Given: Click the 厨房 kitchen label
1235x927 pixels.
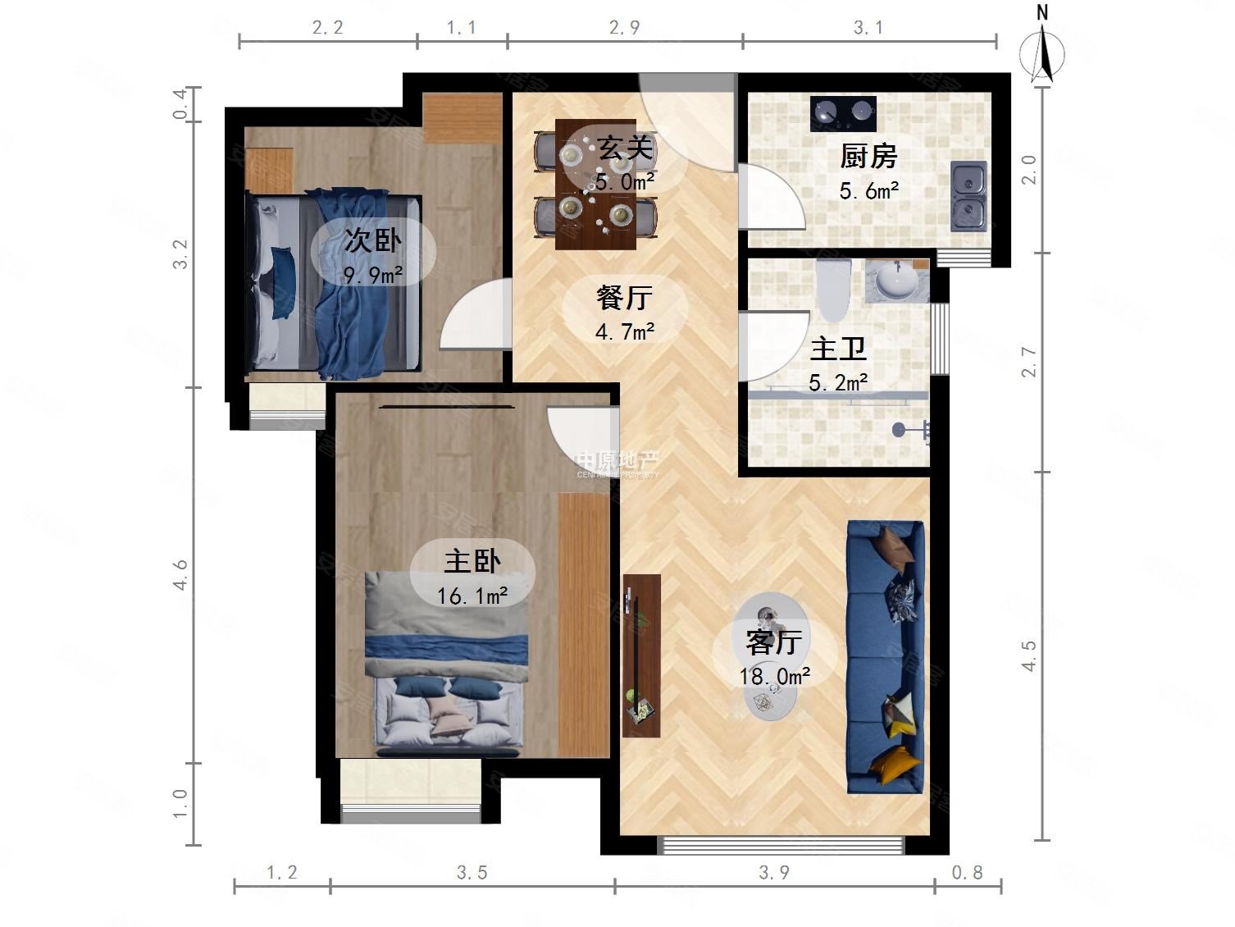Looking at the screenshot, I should tap(868, 156).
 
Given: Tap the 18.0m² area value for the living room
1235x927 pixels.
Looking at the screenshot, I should tap(774, 676).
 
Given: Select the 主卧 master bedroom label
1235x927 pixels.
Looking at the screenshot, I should tap(472, 561).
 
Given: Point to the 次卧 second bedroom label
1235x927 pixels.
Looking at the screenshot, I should tap(372, 240).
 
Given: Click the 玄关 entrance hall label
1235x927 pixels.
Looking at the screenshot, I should tap(625, 148).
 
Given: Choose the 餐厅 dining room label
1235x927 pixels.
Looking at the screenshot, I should tap(624, 297).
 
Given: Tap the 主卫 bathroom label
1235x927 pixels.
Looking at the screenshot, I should tap(837, 349).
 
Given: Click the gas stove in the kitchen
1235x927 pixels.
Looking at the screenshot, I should tap(843, 113).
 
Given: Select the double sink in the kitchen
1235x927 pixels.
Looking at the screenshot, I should tap(968, 195).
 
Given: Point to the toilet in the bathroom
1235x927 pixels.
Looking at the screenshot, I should tap(833, 290).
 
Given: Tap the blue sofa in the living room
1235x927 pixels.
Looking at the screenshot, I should tap(886, 656).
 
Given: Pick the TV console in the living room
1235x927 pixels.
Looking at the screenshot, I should tap(641, 655).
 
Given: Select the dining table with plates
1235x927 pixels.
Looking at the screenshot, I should tap(595, 184).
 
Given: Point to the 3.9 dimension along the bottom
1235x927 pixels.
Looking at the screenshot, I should tap(773, 872).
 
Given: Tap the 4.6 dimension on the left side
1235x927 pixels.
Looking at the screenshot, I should tap(180, 574).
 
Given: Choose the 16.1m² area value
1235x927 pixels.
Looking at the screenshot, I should tap(472, 595).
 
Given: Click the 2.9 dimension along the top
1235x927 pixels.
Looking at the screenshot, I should tap(624, 28).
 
